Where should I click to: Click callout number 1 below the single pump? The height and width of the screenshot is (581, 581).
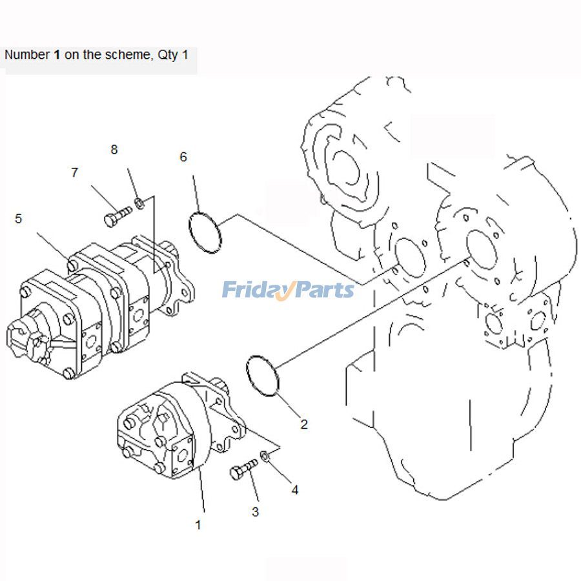(198, 525)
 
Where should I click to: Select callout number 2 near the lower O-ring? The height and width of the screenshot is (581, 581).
(303, 424)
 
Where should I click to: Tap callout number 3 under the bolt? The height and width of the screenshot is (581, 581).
(255, 512)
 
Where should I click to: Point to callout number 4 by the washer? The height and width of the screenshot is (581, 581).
(295, 490)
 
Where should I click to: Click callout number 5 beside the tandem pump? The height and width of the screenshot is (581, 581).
(18, 219)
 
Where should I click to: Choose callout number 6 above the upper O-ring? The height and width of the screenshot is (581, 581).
(183, 157)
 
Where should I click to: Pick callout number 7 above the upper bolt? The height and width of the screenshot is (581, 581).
(74, 172)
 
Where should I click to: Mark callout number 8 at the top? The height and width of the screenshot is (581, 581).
(114, 149)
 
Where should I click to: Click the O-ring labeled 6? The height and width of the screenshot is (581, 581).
(205, 232)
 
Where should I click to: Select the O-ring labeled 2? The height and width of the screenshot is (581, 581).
(263, 375)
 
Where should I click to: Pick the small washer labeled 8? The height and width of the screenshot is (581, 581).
(139, 205)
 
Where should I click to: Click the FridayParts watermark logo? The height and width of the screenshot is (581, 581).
(288, 289)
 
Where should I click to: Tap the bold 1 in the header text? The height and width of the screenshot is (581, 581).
(57, 55)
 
